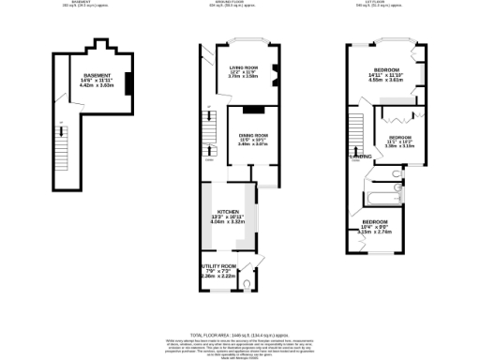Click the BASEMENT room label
pos(97,75)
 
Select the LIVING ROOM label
pos(244,68)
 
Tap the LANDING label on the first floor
pos(361,157)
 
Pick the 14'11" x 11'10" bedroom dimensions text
pos(388,79)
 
